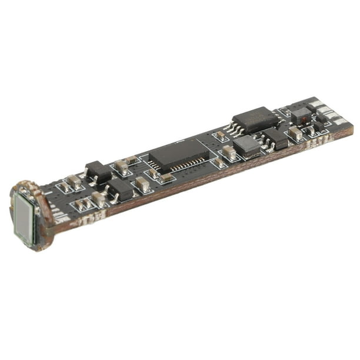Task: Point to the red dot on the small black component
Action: tap(304, 118)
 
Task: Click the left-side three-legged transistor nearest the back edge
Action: tap(98, 172)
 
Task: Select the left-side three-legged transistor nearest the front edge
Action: tap(121, 189)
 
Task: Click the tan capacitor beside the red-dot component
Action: tap(295, 134)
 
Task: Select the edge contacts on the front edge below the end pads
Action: tap(318, 142)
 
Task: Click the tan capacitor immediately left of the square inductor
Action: tap(229, 152)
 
